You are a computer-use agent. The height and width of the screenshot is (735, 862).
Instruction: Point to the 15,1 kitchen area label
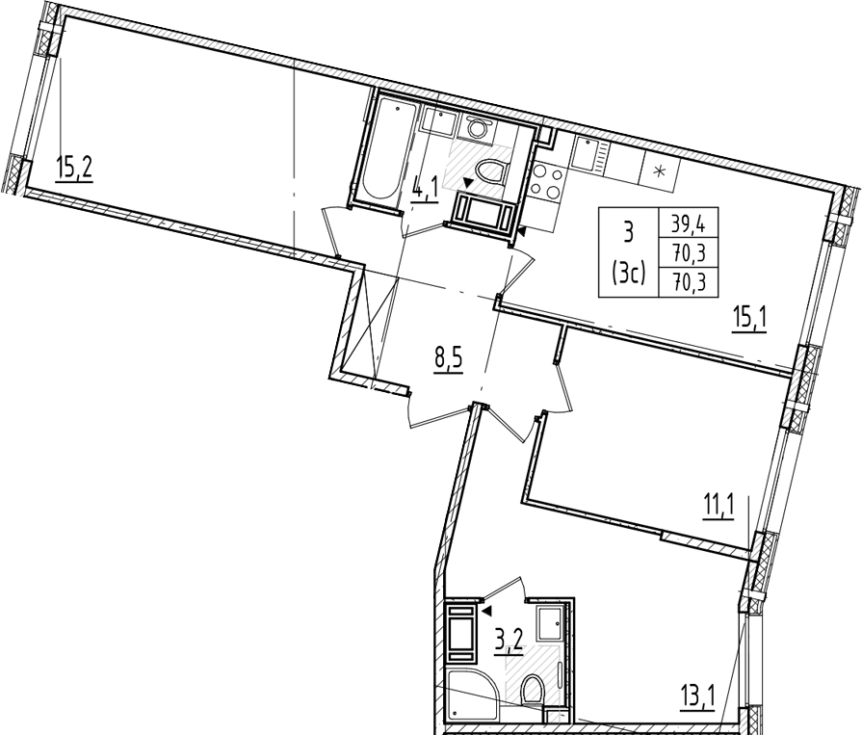click(x=748, y=320)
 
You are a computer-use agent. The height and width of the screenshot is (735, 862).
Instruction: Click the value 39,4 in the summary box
click(x=688, y=224)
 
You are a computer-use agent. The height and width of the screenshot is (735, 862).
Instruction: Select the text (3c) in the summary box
click(x=628, y=274)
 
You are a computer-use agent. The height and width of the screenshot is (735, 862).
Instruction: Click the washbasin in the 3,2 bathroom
click(x=550, y=623)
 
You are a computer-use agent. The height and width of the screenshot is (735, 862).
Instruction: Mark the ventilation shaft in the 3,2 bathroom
click(x=461, y=633)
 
